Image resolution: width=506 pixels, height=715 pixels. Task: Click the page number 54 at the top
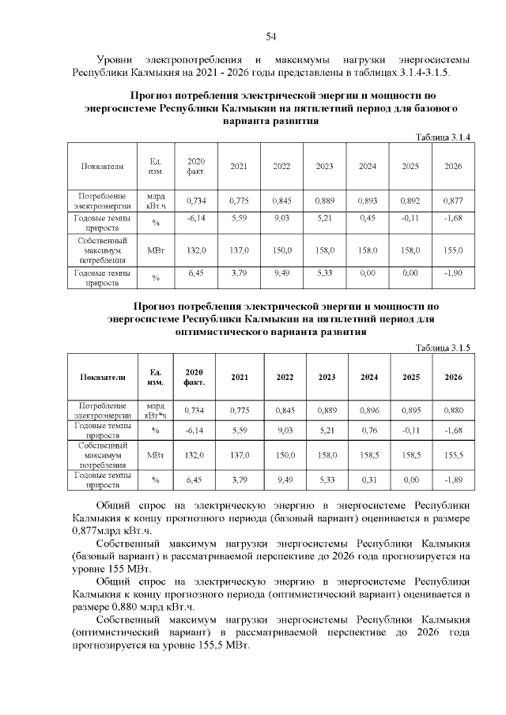[270, 36]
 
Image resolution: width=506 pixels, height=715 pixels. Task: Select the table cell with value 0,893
[367, 200]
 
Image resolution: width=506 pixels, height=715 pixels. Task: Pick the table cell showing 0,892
[410, 200]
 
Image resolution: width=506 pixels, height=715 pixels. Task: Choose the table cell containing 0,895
[410, 410]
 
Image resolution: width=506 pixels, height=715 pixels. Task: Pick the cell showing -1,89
[453, 479]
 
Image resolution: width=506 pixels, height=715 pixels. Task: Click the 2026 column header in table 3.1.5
[453, 378]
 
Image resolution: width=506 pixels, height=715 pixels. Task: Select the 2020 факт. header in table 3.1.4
[195, 166]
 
